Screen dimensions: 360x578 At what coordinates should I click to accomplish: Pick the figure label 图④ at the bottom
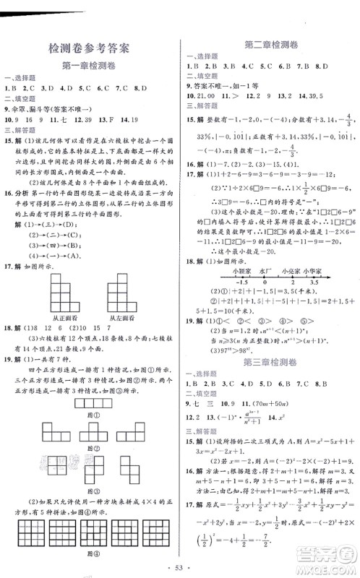90,554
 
